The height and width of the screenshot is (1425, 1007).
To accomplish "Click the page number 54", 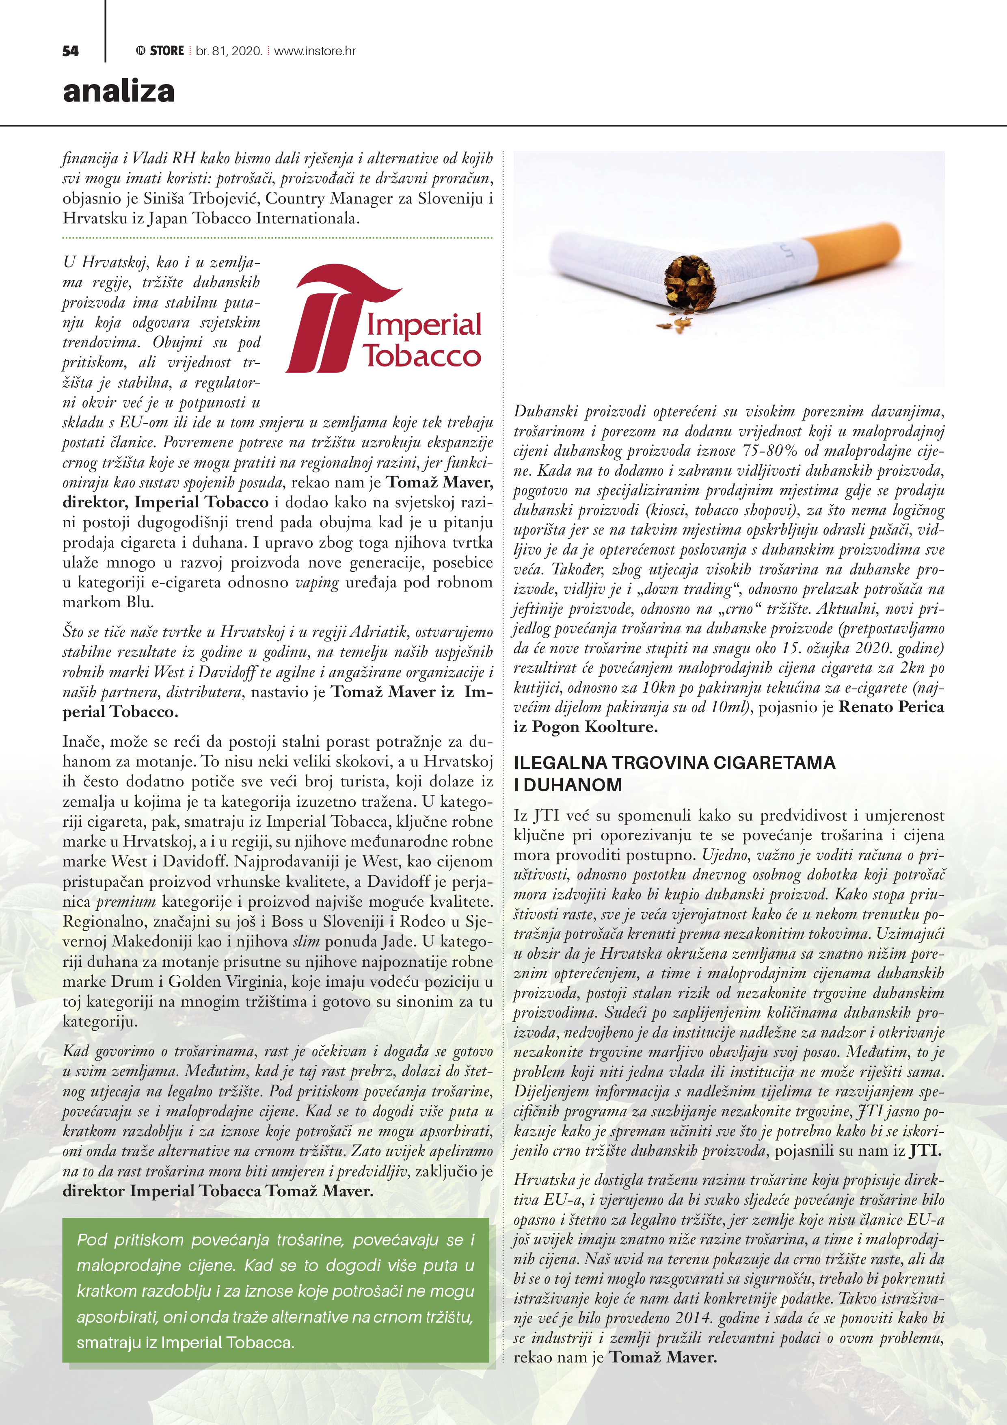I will pos(70,51).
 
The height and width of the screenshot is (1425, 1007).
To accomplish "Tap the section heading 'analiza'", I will pos(119,91).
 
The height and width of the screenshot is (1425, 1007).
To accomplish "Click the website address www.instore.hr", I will pos(315,51).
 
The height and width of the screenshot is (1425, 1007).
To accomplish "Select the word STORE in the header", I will pos(167,51).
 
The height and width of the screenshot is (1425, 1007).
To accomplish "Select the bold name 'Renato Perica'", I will pos(891,707).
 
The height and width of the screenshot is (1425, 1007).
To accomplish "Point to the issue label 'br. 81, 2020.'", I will pos(229,51).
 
